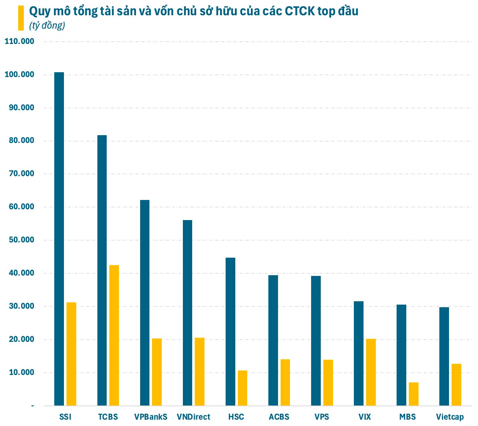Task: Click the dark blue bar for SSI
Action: point(59,239)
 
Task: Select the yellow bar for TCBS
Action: point(114,335)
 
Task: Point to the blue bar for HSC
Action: point(230,331)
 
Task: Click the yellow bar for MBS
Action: point(414,394)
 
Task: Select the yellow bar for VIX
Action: point(371,372)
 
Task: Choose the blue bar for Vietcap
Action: point(444,356)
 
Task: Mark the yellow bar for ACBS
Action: point(285,382)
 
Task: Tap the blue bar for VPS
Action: point(316,341)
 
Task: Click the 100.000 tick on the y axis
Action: point(19,74)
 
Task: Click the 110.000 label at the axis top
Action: point(19,41)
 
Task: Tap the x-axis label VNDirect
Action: point(193,417)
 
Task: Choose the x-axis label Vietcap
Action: point(450,417)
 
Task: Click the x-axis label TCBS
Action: point(108,417)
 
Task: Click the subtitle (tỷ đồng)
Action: point(47,25)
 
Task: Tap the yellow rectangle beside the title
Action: point(21,18)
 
